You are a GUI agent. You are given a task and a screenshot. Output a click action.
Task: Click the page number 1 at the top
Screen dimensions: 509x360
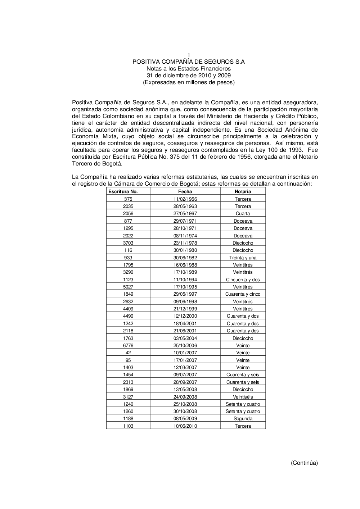coord(189,55)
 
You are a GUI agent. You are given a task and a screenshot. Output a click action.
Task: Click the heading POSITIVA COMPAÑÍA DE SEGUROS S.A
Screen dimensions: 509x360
coord(189,62)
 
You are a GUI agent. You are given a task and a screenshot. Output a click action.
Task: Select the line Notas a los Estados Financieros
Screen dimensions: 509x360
coord(189,69)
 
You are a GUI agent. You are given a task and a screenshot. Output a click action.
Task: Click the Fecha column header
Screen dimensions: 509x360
coord(185,192)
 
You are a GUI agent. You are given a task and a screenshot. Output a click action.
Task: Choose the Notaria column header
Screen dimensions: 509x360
coord(243,192)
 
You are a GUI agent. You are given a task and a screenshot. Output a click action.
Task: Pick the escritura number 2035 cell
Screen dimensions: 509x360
coord(128,206)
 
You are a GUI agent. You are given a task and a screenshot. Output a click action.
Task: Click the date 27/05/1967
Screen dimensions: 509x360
coord(185,214)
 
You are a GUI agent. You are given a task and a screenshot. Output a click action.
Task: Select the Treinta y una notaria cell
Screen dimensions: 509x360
coord(243,258)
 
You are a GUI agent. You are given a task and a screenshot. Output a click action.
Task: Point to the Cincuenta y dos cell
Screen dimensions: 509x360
coord(243,280)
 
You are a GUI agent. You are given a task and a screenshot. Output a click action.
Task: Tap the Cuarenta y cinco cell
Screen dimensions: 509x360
coord(243,294)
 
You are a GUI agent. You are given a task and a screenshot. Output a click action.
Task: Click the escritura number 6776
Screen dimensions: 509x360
coord(128,345)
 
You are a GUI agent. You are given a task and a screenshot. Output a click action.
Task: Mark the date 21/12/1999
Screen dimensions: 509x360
coord(185,309)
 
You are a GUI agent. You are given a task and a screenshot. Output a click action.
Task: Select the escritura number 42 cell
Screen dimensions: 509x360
coord(128,353)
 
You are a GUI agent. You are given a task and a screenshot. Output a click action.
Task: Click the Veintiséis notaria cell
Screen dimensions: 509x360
coord(243,397)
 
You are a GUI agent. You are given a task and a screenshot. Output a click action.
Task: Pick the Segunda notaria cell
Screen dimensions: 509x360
coord(243,419)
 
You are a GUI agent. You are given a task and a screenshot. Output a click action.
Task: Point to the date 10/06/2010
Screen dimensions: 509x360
coord(185,426)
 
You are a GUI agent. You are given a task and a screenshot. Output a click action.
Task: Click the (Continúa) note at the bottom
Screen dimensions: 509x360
coord(304,463)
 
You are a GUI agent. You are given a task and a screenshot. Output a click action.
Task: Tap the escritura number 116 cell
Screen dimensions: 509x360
coord(128,250)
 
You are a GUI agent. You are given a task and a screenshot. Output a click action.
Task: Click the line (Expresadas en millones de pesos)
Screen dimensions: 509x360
coord(189,82)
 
